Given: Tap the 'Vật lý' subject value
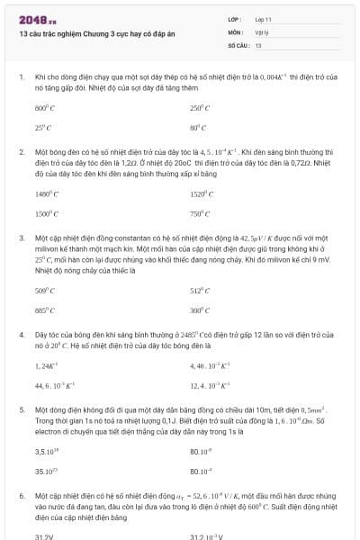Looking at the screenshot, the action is point(262,31).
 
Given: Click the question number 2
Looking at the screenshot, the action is point(21,153).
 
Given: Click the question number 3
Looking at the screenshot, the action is point(21,238).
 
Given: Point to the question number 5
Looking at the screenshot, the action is point(21,409).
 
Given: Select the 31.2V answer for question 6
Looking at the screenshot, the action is point(44,535).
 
